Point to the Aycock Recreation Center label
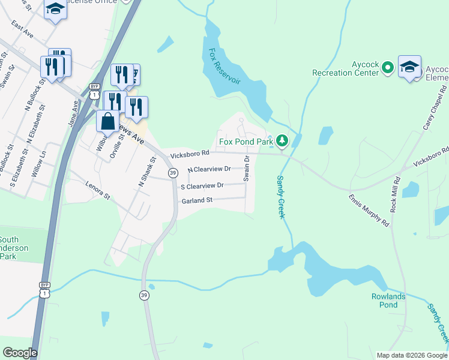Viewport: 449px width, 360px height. click(346, 68)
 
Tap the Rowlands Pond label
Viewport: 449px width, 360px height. click(388, 301)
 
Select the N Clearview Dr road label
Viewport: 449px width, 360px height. click(209, 169)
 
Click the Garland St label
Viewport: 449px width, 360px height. click(197, 200)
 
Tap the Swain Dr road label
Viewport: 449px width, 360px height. click(246, 168)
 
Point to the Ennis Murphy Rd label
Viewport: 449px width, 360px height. click(369, 209)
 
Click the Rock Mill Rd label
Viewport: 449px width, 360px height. click(395, 194)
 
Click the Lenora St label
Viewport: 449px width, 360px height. click(99, 191)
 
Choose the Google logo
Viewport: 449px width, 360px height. click(20, 353)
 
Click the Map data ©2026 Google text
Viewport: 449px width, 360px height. click(411, 355)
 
